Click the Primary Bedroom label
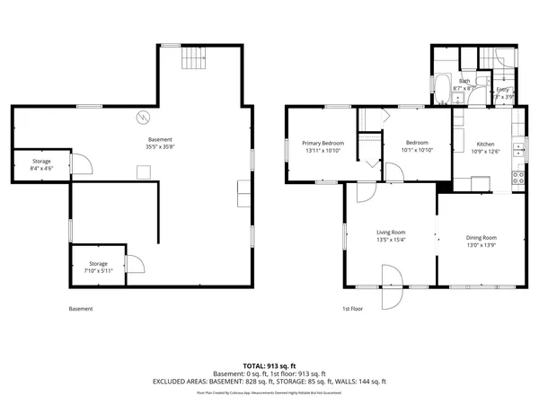pos(323,143)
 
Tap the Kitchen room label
pos(485,144)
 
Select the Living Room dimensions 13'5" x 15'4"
pos(391,240)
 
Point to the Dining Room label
pos(481,238)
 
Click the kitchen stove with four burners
pos(517,177)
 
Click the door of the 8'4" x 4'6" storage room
pos(79,163)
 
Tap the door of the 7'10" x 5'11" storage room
pos(134,264)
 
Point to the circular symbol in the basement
pos(142,117)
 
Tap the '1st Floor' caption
pos(352,310)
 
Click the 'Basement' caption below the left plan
pos(81,310)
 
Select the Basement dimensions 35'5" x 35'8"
pos(162,147)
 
